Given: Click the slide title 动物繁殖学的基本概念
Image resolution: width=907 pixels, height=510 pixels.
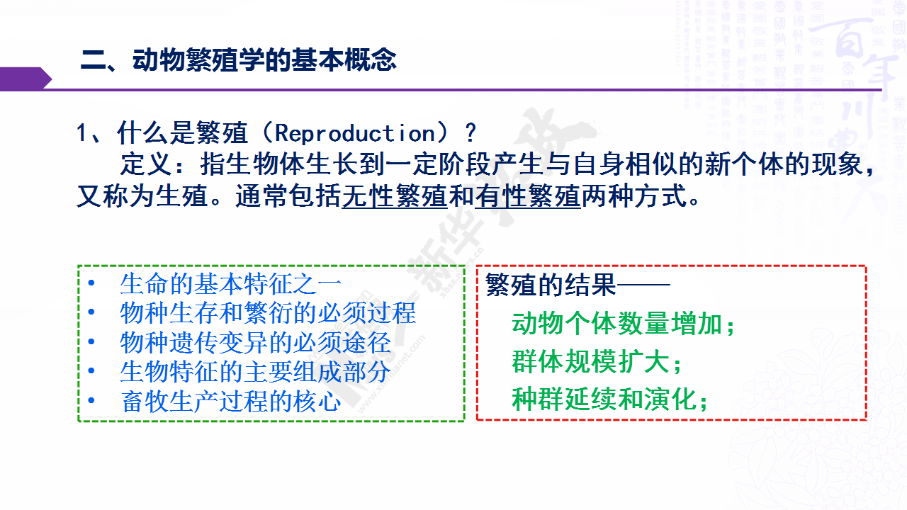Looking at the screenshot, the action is tap(265, 60).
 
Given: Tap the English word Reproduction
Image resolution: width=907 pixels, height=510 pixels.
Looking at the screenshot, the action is tap(355, 133).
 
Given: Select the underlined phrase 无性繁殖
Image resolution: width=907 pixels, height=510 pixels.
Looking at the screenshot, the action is tap(395, 196).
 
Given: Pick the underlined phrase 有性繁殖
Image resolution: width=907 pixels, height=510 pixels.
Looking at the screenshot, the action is tap(528, 196).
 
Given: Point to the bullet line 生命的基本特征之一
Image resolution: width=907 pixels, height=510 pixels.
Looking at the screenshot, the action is tap(231, 284).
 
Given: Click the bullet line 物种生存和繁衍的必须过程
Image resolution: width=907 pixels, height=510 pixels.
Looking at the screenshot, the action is tap(268, 313).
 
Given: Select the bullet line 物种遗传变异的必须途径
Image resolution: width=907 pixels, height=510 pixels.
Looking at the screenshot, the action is tap(256, 342).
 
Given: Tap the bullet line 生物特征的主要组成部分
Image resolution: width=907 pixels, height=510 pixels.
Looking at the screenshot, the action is tap(256, 372).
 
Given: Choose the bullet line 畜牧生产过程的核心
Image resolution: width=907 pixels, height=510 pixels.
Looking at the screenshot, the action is tap(231, 401).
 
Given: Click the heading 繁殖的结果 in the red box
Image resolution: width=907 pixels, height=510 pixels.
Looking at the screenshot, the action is tap(551, 285).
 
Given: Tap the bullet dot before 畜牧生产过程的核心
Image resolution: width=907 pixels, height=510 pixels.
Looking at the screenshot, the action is tap(91, 401).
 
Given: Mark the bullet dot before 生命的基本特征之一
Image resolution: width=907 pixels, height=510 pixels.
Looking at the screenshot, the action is tap(91, 283).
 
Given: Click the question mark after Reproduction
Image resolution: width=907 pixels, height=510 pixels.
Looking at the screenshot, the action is tap(470, 132).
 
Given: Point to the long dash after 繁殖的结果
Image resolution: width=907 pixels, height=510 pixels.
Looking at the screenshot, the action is tap(643, 285).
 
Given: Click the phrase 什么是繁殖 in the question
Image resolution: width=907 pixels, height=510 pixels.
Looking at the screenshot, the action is tap(182, 132).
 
